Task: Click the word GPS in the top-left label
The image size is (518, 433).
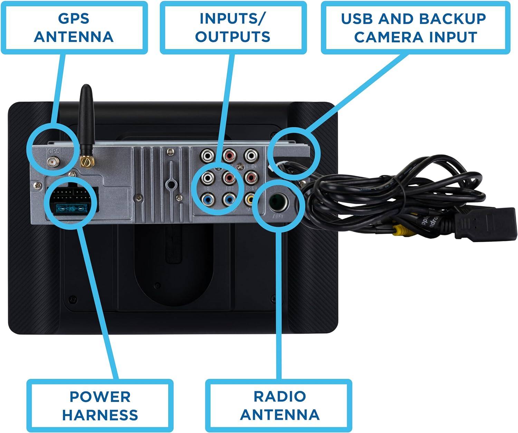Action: (x=74, y=18)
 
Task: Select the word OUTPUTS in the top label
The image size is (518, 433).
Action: (x=232, y=37)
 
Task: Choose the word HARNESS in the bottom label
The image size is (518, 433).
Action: (x=100, y=415)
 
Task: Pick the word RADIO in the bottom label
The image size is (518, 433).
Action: (x=279, y=396)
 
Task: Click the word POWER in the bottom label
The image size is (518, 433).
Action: (x=100, y=396)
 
